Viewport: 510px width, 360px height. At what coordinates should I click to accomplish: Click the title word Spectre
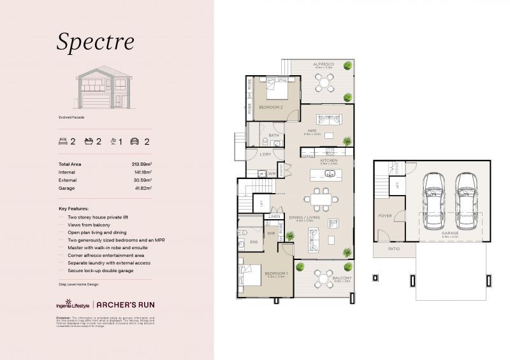click(x=95, y=41)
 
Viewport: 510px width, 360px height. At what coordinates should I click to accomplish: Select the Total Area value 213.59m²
click(x=141, y=164)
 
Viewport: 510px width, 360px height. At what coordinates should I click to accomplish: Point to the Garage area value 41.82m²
click(x=142, y=189)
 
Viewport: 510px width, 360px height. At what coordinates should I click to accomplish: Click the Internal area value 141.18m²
click(x=142, y=172)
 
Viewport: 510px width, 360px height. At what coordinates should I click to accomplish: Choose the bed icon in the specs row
click(x=62, y=141)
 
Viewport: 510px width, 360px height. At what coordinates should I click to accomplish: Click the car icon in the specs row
click(x=135, y=141)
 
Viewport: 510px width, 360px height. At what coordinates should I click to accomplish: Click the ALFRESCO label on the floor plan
click(x=324, y=64)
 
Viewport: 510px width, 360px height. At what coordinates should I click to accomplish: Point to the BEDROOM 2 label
click(x=271, y=108)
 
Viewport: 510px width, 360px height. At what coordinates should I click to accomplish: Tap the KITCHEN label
click(x=328, y=161)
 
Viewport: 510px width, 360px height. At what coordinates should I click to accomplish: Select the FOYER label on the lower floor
click(x=384, y=216)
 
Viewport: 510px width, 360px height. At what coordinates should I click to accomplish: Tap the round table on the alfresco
click(x=324, y=82)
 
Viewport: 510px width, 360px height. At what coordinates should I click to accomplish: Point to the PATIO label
click(x=395, y=249)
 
